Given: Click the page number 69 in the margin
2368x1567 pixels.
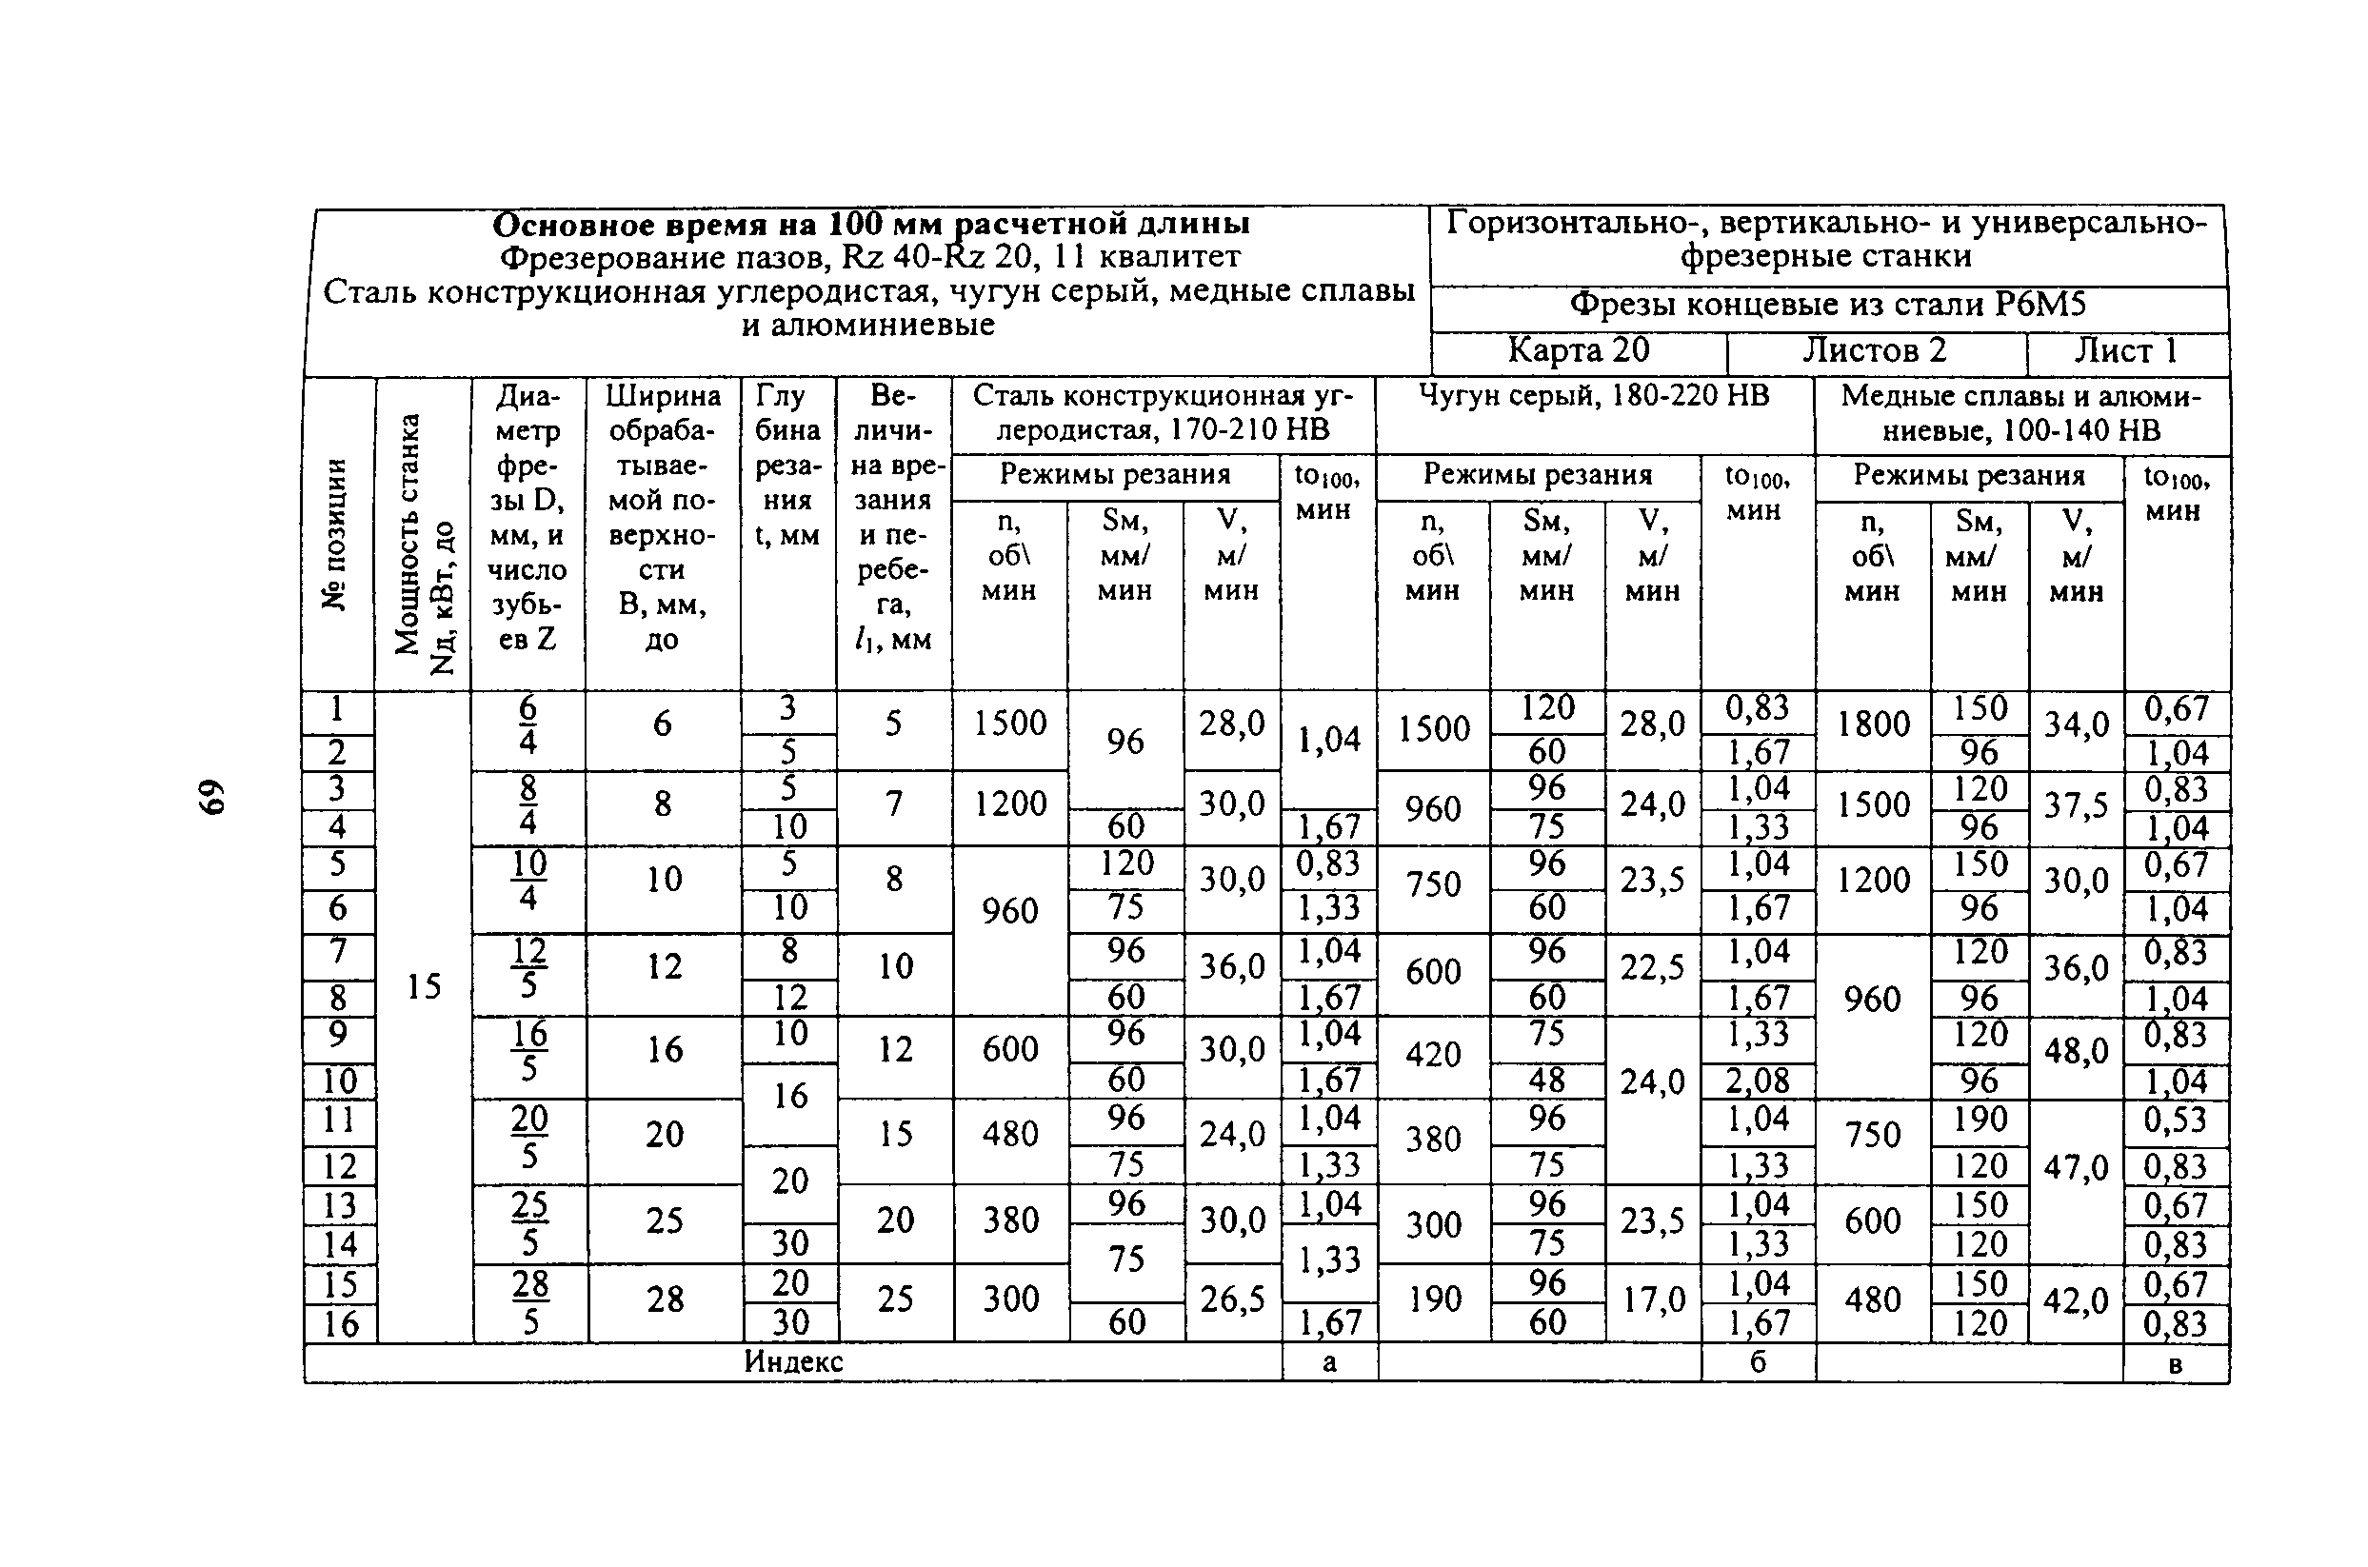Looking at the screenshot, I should pyautogui.click(x=212, y=798).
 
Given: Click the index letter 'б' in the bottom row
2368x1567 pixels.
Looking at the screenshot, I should pyautogui.click(x=1758, y=1362).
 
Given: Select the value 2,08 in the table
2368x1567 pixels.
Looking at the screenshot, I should pyautogui.click(x=1758, y=1081).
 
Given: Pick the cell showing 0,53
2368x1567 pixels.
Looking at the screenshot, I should pyautogui.click(x=2174, y=1121).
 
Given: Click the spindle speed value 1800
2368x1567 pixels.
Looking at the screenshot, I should pyautogui.click(x=1872, y=724).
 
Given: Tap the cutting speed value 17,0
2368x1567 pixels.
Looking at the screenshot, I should pyautogui.click(x=1651, y=1300).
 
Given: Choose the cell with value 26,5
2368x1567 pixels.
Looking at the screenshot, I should pyautogui.click(x=1231, y=1300).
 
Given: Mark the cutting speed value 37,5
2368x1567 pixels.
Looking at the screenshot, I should pyautogui.click(x=2075, y=805).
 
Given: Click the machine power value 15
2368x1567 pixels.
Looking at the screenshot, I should pyautogui.click(x=424, y=987).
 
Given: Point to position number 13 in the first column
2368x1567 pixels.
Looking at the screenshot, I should pyautogui.click(x=340, y=1205).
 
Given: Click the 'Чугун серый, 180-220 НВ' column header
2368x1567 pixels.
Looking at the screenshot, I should pyautogui.click(x=1593, y=397).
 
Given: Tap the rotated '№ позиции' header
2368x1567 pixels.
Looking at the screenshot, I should pyautogui.click(x=337, y=535).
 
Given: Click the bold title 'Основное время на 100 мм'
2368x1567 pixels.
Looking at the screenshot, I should pyautogui.click(x=869, y=224).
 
